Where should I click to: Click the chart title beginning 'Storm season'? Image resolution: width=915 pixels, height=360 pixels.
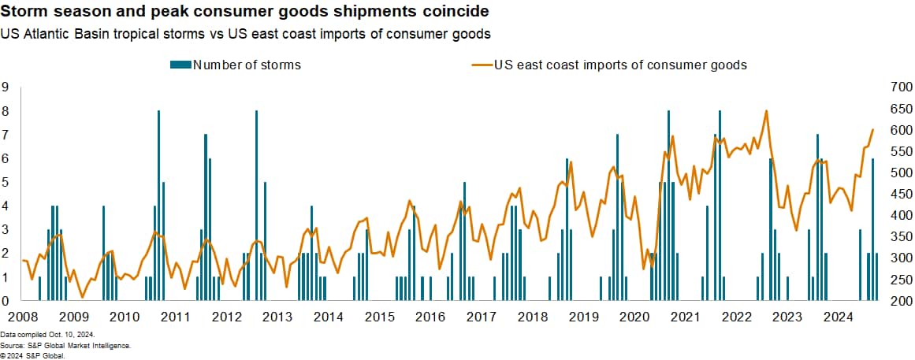click(x=244, y=13)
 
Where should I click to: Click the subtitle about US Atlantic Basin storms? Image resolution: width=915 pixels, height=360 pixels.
click(x=246, y=34)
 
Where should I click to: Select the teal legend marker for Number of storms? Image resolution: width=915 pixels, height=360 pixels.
click(x=180, y=65)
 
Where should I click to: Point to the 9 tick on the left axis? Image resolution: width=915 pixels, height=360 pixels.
click(x=6, y=87)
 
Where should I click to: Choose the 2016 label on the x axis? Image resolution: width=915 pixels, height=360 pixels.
click(x=430, y=317)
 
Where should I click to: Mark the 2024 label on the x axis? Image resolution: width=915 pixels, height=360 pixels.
click(x=838, y=317)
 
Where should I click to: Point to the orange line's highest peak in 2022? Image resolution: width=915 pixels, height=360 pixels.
click(x=766, y=111)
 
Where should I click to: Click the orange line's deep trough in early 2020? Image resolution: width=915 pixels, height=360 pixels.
click(x=644, y=268)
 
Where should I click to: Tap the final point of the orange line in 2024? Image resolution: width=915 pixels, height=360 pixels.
click(x=872, y=129)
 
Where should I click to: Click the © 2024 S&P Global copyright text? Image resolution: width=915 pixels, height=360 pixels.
click(x=32, y=355)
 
